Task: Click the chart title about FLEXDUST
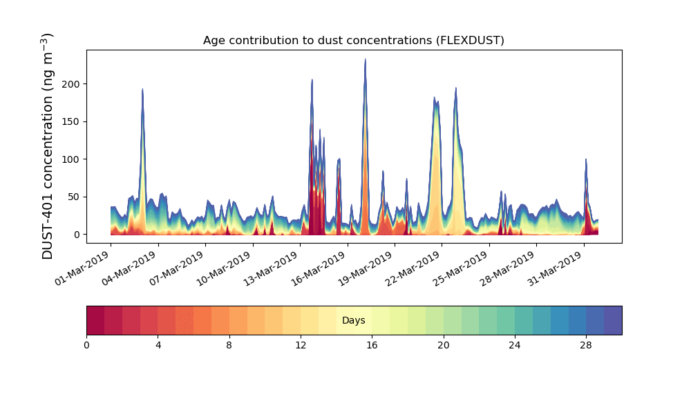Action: [x=353, y=41]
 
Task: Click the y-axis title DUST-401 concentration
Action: [x=48, y=146]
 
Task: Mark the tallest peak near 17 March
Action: [x=365, y=60]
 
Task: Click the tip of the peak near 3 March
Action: [x=142, y=89]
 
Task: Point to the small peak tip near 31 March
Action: [x=586, y=159]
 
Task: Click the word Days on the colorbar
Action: [x=353, y=321]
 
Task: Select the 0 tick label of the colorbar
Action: [x=86, y=345]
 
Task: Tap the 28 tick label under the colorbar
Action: [x=586, y=345]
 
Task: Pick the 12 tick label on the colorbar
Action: [x=301, y=345]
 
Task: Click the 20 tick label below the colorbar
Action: [x=443, y=345]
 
